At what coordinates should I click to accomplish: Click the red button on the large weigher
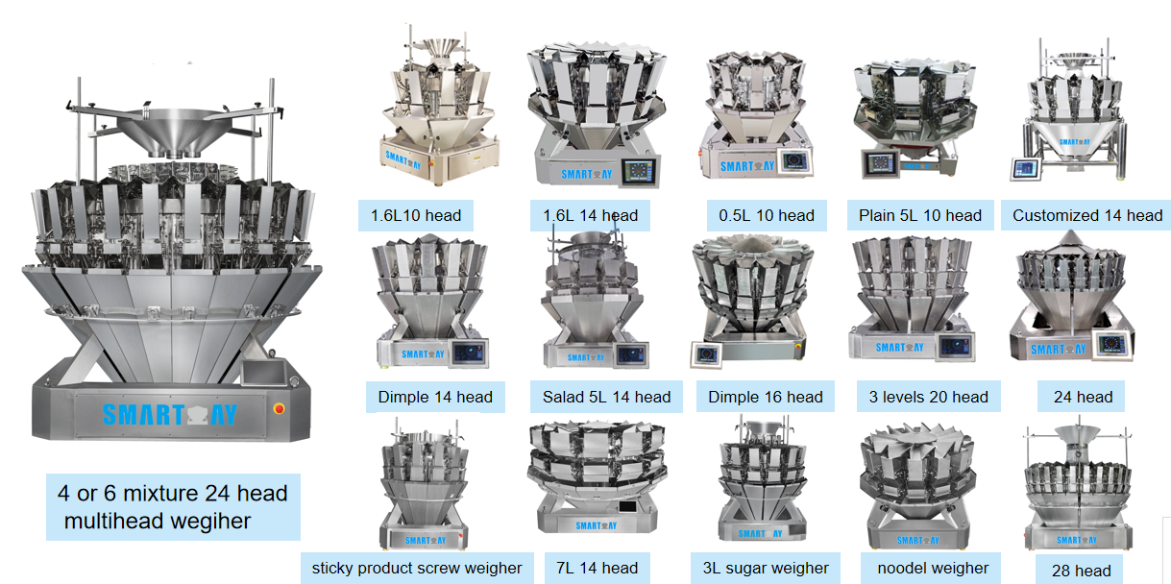(280, 409)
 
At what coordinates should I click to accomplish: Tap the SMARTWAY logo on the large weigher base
(170, 415)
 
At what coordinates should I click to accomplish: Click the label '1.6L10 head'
(416, 215)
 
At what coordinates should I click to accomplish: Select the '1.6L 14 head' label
(590, 215)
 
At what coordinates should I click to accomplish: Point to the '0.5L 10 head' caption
(767, 215)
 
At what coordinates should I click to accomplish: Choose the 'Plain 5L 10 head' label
(920, 215)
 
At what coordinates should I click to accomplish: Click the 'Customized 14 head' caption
(1086, 215)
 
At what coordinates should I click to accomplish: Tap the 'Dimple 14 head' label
(435, 397)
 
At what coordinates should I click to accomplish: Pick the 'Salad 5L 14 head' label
(606, 397)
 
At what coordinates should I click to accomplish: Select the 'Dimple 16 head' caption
(766, 397)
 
